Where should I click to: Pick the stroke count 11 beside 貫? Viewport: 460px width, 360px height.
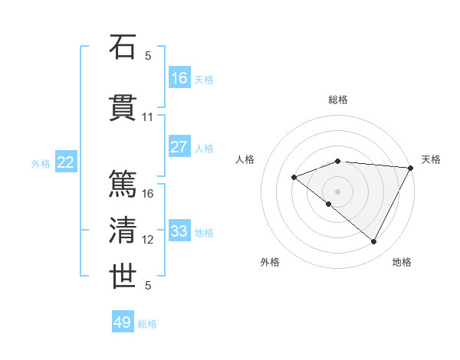148,117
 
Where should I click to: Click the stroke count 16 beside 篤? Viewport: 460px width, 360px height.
148,193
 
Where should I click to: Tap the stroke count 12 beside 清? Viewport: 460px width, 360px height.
148,240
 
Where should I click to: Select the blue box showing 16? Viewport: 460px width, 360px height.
179,77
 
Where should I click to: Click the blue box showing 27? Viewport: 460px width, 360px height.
179,148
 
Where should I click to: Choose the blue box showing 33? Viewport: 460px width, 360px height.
179,231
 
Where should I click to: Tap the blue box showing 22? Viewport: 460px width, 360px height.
66,162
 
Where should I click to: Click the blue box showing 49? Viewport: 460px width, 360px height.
123,322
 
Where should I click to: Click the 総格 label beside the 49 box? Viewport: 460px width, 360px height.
147,324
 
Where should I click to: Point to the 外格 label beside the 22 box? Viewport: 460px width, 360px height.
41,163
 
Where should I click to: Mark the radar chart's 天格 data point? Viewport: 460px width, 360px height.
412,169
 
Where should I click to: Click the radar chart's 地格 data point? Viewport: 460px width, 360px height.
373,242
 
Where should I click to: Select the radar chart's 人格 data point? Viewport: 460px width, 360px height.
294,178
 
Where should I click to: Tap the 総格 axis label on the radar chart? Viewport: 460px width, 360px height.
338,100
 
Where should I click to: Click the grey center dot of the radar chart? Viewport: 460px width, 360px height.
338,191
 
